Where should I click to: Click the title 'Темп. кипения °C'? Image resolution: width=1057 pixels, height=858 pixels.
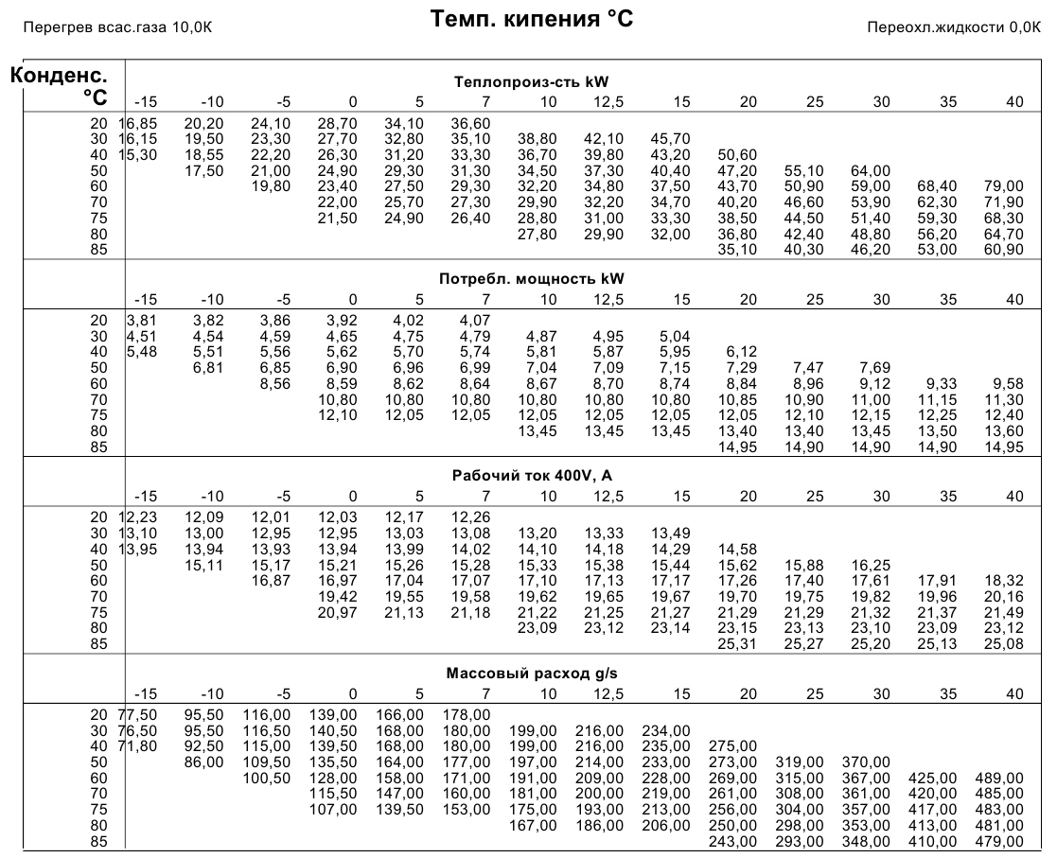click(x=531, y=19)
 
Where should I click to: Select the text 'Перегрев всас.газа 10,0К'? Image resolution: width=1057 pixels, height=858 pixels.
click(x=117, y=27)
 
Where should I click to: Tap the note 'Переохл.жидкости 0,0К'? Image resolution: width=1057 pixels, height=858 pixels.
click(x=953, y=27)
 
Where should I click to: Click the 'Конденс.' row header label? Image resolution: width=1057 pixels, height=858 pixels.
click(x=59, y=75)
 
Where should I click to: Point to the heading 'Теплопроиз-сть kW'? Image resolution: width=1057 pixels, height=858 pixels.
click(x=531, y=82)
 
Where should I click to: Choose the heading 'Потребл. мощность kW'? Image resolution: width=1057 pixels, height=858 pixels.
click(x=531, y=279)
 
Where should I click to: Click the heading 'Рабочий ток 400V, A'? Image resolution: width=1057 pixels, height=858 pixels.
click(x=532, y=476)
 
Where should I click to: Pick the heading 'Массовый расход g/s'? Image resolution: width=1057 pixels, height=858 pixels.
click(x=531, y=674)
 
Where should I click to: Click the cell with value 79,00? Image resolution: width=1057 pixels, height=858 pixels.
click(x=1004, y=186)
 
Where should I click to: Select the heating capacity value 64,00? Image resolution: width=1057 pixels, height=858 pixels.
click(x=871, y=170)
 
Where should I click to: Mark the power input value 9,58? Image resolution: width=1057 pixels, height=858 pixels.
click(x=1008, y=383)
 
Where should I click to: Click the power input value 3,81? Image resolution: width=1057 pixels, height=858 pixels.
click(x=142, y=321)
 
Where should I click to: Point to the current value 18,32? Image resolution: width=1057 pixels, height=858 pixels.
click(x=1004, y=580)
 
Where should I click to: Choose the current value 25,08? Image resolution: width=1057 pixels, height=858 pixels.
click(x=1004, y=643)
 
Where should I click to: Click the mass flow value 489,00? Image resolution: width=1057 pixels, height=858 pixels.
click(x=999, y=778)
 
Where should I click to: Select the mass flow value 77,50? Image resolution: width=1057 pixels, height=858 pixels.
click(x=137, y=715)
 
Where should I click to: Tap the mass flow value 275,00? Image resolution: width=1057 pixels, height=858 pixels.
click(x=732, y=746)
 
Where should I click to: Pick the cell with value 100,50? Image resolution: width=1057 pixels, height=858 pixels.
click(x=266, y=778)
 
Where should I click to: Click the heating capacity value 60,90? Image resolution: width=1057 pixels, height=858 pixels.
click(x=1004, y=250)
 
